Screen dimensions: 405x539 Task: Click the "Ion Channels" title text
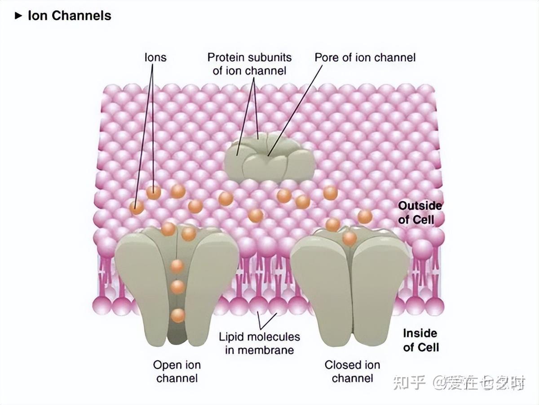[x=69, y=16]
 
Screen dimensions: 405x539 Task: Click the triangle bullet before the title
[x=18, y=16]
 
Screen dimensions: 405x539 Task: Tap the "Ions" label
[x=155, y=58]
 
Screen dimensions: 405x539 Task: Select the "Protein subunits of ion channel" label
[x=249, y=64]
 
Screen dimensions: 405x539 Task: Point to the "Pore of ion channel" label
[x=365, y=58]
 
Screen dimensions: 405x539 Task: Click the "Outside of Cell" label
[x=420, y=213]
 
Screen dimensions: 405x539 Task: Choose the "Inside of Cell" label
[x=420, y=340]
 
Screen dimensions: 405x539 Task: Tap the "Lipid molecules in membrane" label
[x=259, y=343]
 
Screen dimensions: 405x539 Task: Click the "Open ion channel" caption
[x=177, y=371]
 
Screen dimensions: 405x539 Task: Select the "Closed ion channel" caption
[x=352, y=371]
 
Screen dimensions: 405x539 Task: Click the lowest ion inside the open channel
[x=178, y=315]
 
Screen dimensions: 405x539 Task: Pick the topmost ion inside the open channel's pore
[x=177, y=266]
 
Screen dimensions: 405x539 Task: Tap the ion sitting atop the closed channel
[x=349, y=238]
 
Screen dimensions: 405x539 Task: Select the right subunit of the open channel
[x=211, y=279]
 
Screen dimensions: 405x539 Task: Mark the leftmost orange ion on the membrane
[x=136, y=207]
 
